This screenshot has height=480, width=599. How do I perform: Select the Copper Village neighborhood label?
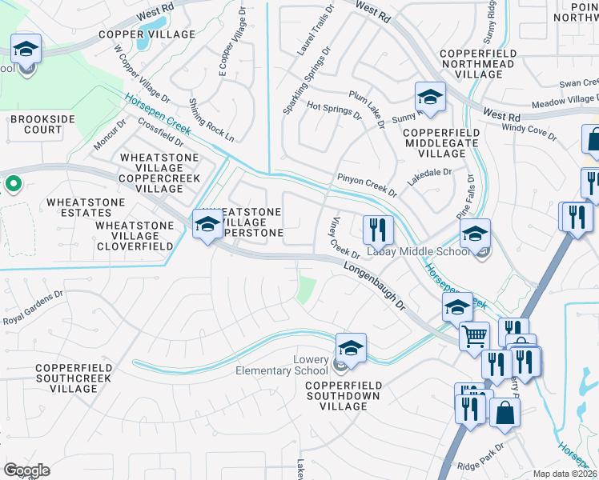[x=147, y=34]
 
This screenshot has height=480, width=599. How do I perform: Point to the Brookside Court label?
[x=36, y=124]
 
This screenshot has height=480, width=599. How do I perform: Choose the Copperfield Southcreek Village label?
[x=66, y=378]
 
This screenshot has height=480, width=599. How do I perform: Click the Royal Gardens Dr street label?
[x=32, y=308]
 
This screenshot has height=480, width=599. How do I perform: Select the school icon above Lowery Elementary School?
[x=351, y=347]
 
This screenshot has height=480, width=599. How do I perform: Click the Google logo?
[x=26, y=470]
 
